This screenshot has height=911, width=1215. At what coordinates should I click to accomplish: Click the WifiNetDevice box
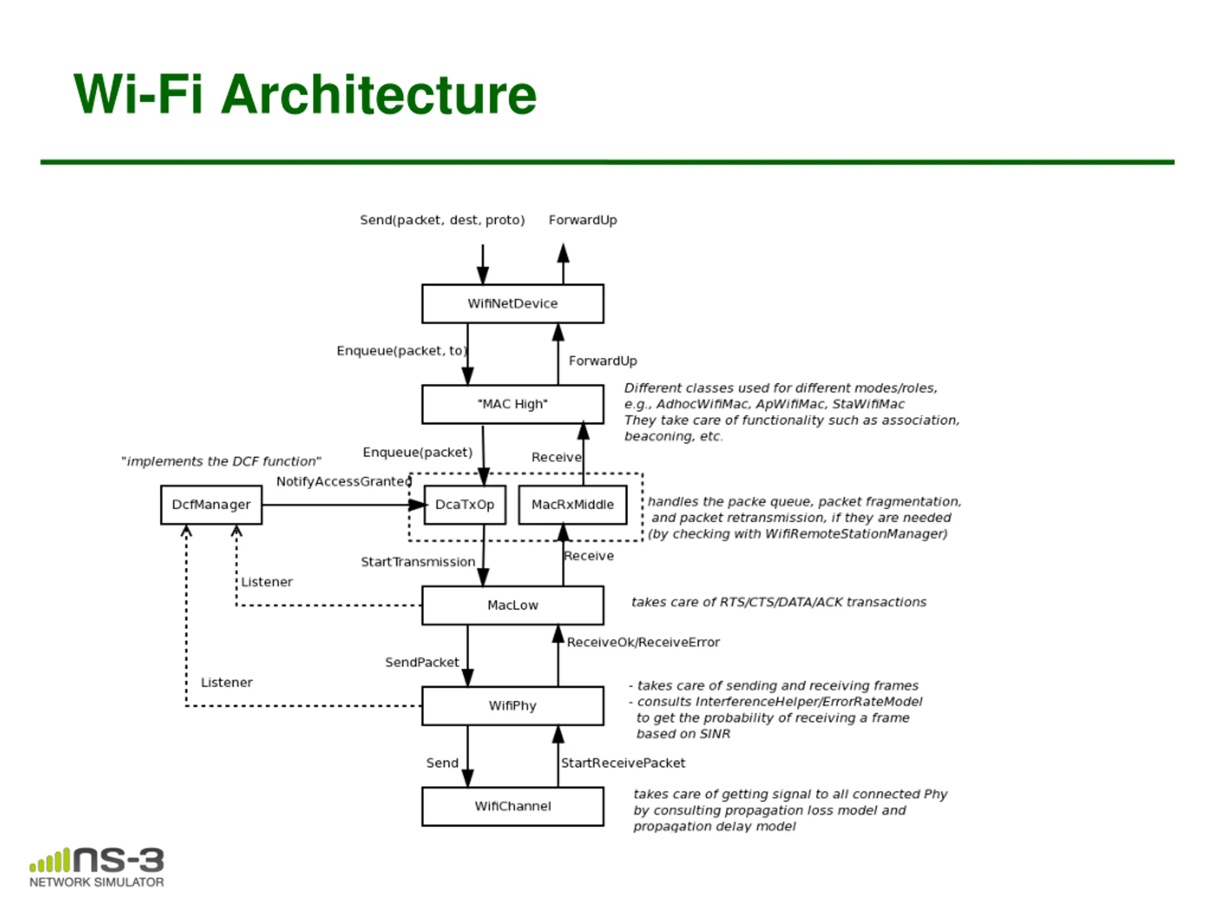pyautogui.click(x=513, y=304)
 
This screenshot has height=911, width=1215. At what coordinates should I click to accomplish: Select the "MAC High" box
pyautogui.click(x=513, y=404)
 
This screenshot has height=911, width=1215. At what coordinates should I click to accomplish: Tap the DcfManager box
pyautogui.click(x=212, y=505)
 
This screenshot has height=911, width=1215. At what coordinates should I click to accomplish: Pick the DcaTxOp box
pyautogui.click(x=465, y=505)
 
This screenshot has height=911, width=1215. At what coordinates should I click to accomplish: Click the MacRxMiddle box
pyautogui.click(x=572, y=505)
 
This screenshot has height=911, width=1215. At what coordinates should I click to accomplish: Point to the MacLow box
pyautogui.click(x=513, y=605)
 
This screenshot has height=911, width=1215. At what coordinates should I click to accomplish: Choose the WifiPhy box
pyautogui.click(x=513, y=706)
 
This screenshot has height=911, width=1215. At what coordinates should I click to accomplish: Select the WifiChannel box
pyautogui.click(x=513, y=806)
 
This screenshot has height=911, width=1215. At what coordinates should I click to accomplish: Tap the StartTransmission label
pyautogui.click(x=418, y=562)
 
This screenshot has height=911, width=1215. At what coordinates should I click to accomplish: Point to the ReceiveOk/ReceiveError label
pyautogui.click(x=643, y=642)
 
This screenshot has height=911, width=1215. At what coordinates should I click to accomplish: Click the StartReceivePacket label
pyautogui.click(x=623, y=763)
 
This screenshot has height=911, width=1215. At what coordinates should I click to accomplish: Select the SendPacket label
pyautogui.click(x=422, y=662)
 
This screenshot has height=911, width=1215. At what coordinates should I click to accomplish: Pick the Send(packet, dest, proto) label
pyautogui.click(x=442, y=220)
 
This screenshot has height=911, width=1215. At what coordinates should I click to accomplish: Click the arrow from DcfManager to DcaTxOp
pyautogui.click(x=344, y=505)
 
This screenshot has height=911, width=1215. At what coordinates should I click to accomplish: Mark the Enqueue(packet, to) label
pyautogui.click(x=402, y=351)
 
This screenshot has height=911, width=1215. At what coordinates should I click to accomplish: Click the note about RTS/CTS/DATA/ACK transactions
pyautogui.click(x=779, y=603)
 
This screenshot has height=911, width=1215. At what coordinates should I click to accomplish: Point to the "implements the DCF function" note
pyautogui.click(x=221, y=461)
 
